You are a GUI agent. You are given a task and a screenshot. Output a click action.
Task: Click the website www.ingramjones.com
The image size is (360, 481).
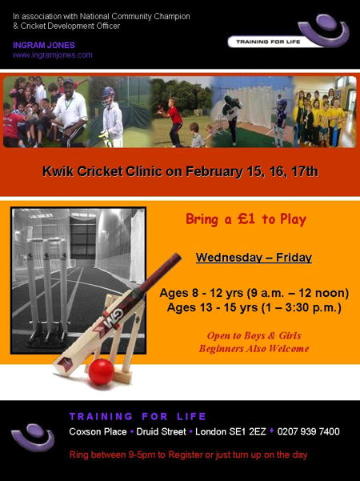[x=53, y=55]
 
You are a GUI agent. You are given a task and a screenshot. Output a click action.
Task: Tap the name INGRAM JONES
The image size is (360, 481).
[x=44, y=46]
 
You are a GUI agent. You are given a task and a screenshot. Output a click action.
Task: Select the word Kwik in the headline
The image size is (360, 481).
[x=58, y=171]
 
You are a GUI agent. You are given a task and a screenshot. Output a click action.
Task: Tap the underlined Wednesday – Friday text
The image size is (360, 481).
[x=254, y=258]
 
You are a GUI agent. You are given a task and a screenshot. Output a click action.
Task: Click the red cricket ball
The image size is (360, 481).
[x=101, y=371]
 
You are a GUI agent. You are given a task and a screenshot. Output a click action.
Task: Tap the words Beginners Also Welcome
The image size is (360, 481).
[x=254, y=349]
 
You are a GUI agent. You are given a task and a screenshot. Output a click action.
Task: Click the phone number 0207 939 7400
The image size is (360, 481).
[x=308, y=431]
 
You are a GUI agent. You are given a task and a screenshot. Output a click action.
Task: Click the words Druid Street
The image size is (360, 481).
[x=161, y=431]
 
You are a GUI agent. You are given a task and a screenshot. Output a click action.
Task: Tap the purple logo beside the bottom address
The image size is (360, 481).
[x=33, y=438]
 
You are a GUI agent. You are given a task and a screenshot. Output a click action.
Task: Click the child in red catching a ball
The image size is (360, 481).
[x=174, y=121]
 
